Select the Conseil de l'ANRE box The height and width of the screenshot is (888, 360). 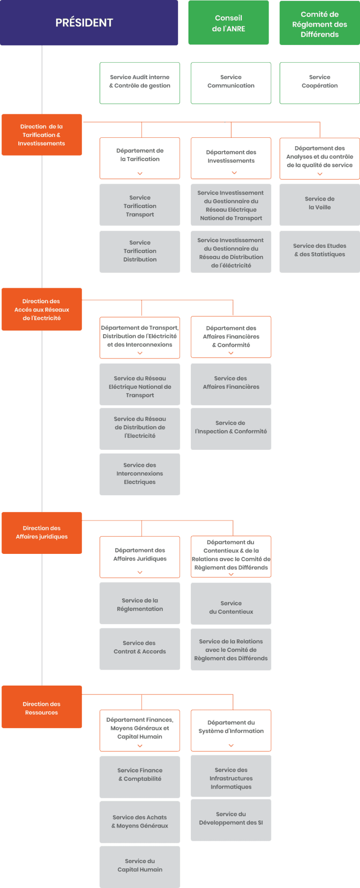228,23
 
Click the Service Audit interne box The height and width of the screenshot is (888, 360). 140,82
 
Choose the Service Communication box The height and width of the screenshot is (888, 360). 231,82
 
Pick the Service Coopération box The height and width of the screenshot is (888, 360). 320,82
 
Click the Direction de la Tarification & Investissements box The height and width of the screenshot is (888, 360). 42,135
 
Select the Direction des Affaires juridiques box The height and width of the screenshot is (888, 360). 42,532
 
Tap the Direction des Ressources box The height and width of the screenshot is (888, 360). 42,708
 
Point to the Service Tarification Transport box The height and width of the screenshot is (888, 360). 140,205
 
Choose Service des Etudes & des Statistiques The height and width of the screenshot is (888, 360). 320,251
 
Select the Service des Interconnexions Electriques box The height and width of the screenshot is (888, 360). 140,474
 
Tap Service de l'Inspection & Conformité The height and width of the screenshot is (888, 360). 231,428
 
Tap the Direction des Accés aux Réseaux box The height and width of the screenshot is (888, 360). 42,309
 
